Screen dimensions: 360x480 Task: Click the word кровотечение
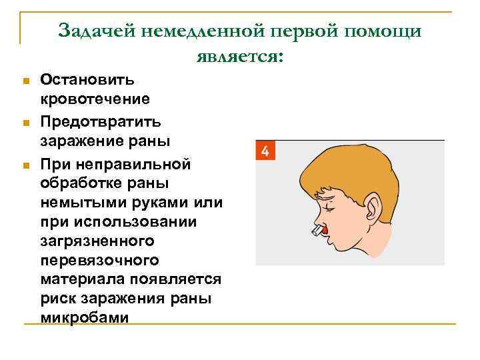point(95,99)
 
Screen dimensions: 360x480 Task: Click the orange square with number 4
point(265,151)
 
